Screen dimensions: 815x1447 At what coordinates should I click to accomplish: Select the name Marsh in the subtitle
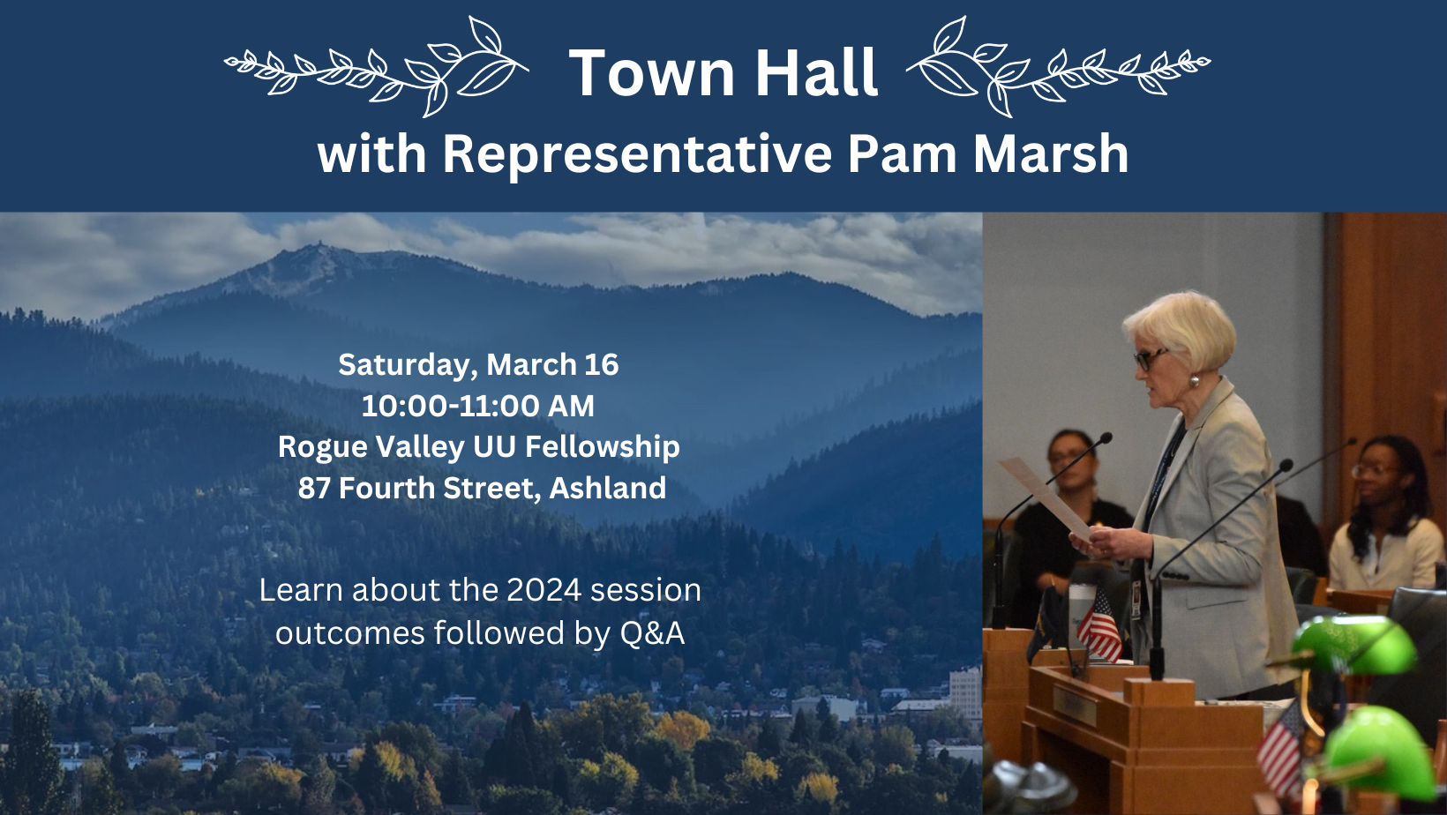pos(1051,154)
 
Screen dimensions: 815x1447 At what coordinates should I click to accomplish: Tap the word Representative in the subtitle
pos(636,154)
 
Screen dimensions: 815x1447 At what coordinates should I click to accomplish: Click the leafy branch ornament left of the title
pos(378,67)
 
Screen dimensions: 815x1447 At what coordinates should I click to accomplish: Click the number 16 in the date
pos(602,365)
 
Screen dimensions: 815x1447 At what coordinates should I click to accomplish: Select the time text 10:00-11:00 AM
pos(477,406)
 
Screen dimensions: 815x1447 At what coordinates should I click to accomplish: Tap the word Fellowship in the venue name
pos(602,447)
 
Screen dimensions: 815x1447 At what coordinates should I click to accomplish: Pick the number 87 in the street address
pos(314,488)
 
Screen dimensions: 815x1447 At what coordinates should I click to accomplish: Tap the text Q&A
pos(652,633)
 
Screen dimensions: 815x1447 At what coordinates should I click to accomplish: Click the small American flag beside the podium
pos(1099,626)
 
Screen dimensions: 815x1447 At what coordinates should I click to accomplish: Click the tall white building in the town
pos(964,692)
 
